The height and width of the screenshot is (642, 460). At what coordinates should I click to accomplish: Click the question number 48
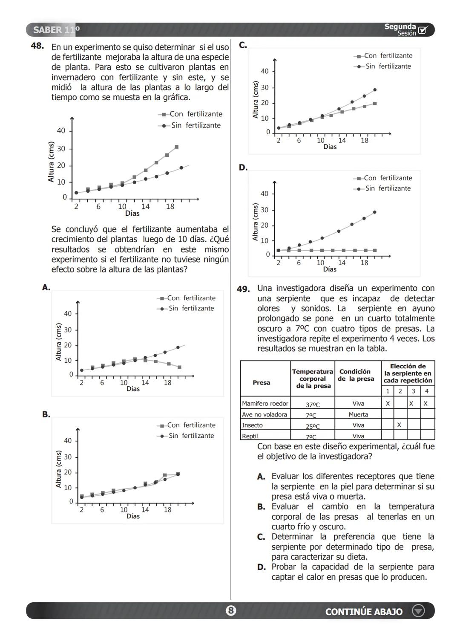(x=37, y=46)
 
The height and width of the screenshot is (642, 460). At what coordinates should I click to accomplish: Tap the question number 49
(x=243, y=289)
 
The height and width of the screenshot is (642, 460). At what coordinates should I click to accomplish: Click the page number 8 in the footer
(x=230, y=611)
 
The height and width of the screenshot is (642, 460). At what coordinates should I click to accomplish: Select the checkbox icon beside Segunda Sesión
(x=423, y=30)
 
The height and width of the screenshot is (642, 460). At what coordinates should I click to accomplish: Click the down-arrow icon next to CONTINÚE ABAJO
(x=418, y=611)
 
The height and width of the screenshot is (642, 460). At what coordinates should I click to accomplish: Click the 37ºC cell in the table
(x=313, y=404)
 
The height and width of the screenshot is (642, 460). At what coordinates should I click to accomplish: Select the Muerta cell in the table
(x=358, y=414)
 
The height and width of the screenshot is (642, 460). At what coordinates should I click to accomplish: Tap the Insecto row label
(x=252, y=425)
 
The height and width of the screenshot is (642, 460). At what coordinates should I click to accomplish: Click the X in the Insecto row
(x=399, y=425)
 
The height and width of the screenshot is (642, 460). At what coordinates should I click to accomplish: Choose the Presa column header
(x=261, y=382)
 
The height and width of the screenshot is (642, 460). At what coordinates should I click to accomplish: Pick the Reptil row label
(x=250, y=436)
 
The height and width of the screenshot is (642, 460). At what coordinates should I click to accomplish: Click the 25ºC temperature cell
(x=313, y=426)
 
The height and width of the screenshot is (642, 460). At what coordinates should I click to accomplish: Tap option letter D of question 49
(x=262, y=567)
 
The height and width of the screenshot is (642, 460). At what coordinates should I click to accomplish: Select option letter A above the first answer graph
(x=46, y=288)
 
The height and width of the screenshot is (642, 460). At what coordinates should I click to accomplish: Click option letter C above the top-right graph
(x=243, y=45)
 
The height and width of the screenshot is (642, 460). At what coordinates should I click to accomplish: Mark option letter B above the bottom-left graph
(x=46, y=414)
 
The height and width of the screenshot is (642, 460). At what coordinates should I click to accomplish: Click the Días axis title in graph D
(x=330, y=269)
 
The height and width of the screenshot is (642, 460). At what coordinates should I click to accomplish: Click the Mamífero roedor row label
(x=265, y=403)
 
